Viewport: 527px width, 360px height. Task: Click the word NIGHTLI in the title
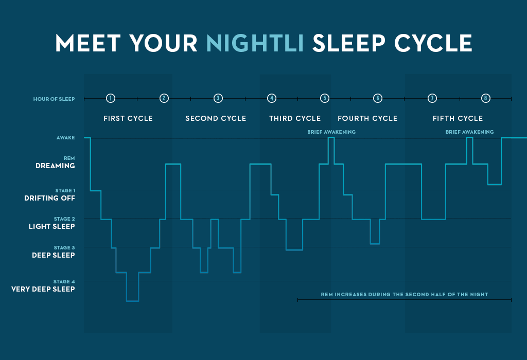pos(255,43)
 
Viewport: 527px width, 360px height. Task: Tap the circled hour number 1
pos(111,98)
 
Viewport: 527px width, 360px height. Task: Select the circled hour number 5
pos(325,98)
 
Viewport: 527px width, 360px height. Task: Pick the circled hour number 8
pos(486,98)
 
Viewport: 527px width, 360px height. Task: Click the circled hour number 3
pos(218,98)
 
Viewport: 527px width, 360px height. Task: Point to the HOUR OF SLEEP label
pos(54,99)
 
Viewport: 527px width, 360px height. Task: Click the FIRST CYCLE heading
pos(128,118)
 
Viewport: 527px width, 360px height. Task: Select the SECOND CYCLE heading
pos(216,118)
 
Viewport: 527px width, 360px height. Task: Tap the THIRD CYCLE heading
pos(295,118)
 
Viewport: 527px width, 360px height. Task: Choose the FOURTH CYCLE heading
pos(367,118)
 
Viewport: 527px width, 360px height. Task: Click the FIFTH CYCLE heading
pos(458,118)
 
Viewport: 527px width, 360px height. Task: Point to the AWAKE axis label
pos(65,138)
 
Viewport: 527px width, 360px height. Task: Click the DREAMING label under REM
pos(55,166)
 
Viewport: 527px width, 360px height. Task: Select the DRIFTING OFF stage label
pos(49,198)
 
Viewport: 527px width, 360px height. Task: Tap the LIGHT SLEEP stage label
pos(52,226)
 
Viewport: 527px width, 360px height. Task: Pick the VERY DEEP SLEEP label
pos(43,289)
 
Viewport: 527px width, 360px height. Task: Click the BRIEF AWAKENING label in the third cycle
pos(331,132)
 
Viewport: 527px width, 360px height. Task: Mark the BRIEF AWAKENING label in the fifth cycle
pos(469,132)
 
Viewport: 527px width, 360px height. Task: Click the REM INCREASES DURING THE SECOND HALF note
pos(405,295)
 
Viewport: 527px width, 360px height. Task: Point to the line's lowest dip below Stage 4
pos(132,301)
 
